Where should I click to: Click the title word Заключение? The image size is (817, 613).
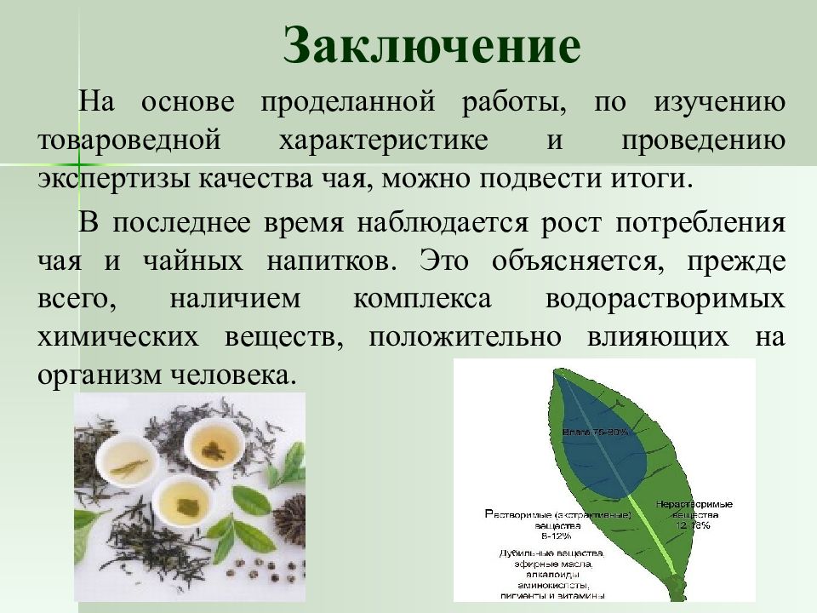pos(431,45)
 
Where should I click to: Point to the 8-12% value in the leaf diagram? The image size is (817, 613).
pos(556,536)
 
